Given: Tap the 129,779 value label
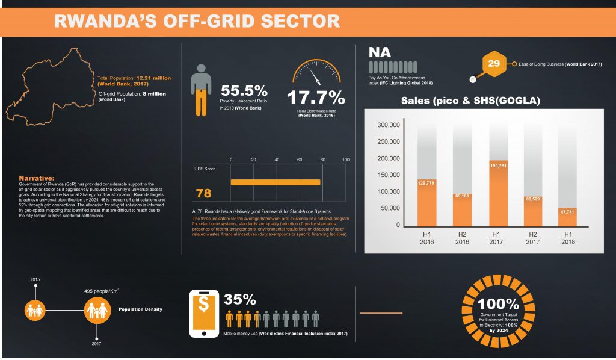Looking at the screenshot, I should (426, 182).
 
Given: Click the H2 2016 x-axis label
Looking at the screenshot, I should (462, 237).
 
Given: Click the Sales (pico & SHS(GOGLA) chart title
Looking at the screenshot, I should (470, 101).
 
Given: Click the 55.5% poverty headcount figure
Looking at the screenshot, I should (244, 91).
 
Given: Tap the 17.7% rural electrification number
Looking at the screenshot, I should (315, 98).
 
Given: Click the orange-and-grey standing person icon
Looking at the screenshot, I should (202, 90).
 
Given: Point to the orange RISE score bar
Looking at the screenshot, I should (276, 182).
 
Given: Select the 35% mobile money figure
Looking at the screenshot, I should (240, 300).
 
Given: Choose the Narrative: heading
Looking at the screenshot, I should (37, 178).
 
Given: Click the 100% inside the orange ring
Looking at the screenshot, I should (499, 303).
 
